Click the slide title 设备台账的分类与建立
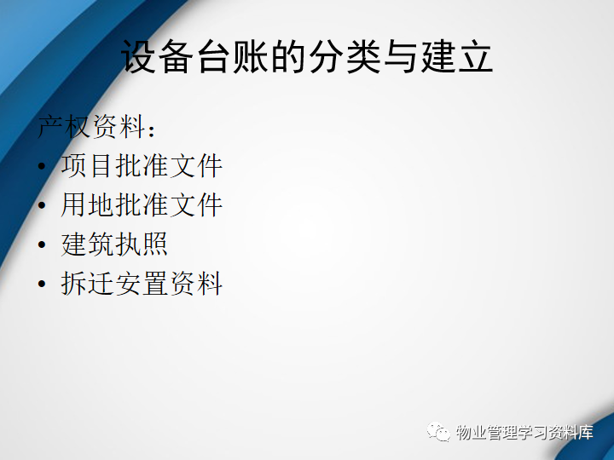coord(307,56)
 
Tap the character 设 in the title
coord(139,56)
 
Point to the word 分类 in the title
coord(344,56)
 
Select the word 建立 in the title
coord(456,56)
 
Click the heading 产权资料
coord(91,126)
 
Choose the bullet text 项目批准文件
coord(142,166)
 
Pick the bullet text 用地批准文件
coord(142,205)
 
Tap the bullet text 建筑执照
coord(114,244)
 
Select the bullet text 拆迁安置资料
coord(142,283)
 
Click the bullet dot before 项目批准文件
coord(42,166)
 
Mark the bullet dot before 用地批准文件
coord(42,205)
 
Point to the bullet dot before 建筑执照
coord(42,244)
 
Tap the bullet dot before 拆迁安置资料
coord(42,284)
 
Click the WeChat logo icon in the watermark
coord(439,432)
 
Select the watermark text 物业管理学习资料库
coord(524,432)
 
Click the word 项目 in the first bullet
coord(87,166)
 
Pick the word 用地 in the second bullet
coord(87,205)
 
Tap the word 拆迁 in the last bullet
coord(87,283)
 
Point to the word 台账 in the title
coord(231,56)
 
